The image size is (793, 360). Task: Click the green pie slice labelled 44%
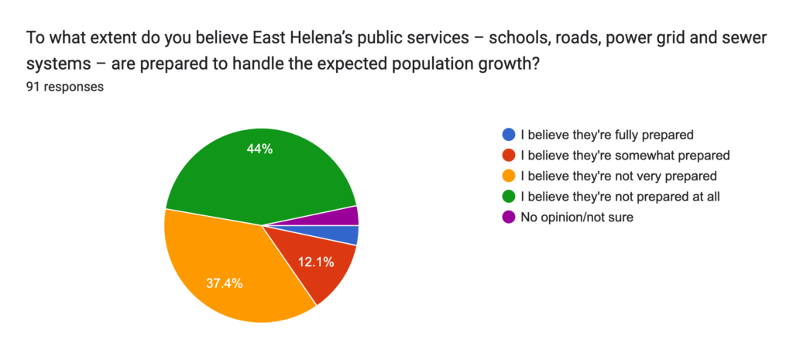(256, 170)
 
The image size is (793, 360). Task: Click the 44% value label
(259, 149)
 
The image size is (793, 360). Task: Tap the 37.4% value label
(224, 283)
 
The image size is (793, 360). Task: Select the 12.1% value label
(315, 262)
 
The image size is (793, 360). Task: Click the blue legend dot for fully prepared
(508, 134)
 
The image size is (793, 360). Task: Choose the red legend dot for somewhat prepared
(508, 155)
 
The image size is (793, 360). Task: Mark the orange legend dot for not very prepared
(508, 176)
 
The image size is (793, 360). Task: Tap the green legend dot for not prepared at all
(508, 197)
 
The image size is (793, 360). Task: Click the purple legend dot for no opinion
(508, 218)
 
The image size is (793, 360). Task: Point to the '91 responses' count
(65, 87)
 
